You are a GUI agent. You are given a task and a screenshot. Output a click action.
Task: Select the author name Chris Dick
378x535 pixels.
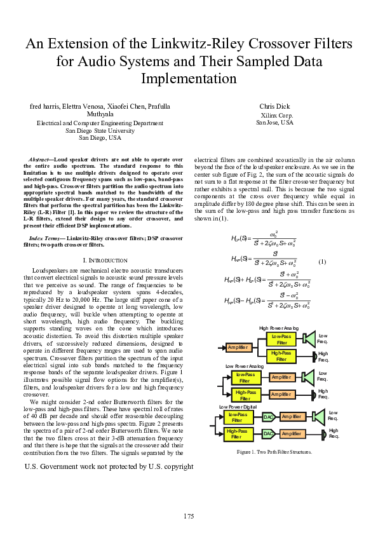[274, 106]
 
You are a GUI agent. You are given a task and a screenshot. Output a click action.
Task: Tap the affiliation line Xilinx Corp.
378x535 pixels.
[274, 115]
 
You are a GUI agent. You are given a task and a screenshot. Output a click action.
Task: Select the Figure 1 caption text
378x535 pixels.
[274, 452]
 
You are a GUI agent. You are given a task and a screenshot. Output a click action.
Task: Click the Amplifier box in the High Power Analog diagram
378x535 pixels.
[238, 347]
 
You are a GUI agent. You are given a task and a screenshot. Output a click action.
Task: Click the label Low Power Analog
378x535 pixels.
[245, 367]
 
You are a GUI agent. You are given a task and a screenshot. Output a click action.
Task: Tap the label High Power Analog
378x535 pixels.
[278, 328]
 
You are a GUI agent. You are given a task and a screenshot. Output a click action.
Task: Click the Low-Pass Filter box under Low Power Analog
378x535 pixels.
[245, 378]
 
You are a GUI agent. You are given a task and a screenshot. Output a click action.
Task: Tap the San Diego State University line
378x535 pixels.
[100, 130]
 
